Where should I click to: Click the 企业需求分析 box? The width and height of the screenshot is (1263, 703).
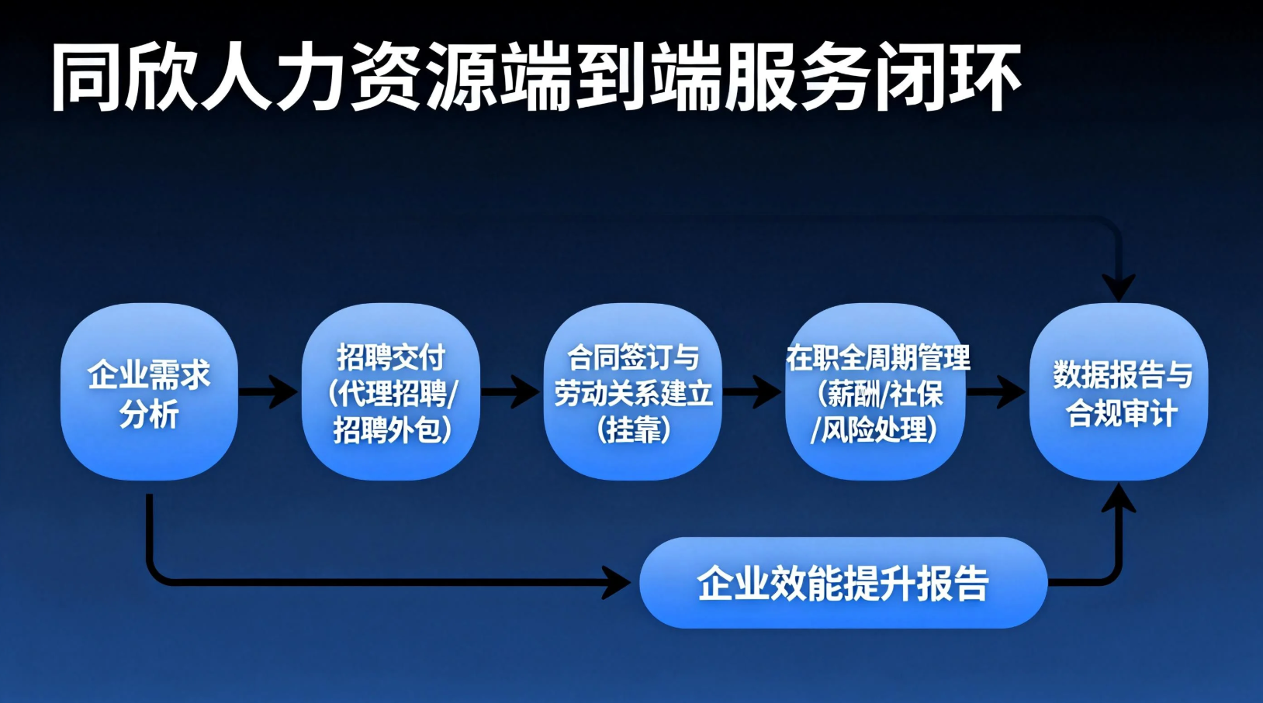(x=150, y=391)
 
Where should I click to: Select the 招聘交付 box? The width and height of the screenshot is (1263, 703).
(x=391, y=391)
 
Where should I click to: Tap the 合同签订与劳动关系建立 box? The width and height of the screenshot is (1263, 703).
(x=632, y=391)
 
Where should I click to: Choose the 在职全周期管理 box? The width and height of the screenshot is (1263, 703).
(x=875, y=391)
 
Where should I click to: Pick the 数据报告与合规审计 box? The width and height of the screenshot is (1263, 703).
(x=1119, y=391)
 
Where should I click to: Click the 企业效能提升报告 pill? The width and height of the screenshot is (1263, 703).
(x=843, y=582)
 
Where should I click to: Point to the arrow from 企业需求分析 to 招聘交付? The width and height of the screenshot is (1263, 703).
(x=268, y=391)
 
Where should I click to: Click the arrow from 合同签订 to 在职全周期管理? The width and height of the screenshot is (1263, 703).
(x=753, y=391)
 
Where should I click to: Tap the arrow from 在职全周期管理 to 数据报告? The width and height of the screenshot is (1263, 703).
(x=996, y=391)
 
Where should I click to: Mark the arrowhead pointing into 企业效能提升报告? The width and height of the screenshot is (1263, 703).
(x=617, y=582)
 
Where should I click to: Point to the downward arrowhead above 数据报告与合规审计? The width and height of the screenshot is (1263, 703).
(x=1119, y=288)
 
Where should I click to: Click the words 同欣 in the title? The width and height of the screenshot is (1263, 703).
(x=123, y=78)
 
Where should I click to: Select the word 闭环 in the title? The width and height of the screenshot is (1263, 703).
(x=948, y=78)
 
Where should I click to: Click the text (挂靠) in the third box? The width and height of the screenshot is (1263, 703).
(x=633, y=430)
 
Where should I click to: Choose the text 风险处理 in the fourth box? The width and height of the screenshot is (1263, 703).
(x=874, y=430)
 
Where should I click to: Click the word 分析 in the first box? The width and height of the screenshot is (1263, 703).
(x=149, y=414)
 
